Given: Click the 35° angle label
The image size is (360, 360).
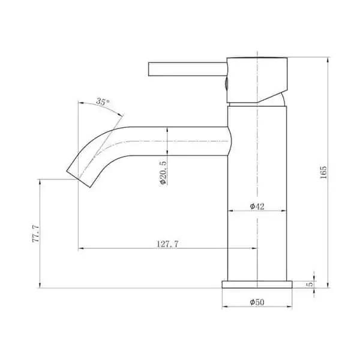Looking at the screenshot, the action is point(103,101).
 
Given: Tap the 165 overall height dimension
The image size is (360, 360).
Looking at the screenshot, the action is point(323,172).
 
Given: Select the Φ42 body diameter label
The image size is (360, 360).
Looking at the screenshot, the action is point(257,206).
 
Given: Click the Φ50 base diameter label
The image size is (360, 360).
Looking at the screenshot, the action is point(257,302).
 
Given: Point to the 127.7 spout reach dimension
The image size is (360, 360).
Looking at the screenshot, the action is point(167,244).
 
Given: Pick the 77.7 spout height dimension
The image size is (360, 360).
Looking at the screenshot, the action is point(36,234).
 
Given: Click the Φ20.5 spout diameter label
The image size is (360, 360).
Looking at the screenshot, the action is point(163,173).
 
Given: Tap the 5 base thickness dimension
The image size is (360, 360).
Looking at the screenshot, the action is point(310,284).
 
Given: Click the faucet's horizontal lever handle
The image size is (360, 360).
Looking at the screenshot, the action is point(188,69).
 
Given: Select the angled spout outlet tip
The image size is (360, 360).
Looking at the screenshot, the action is point(78,179).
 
